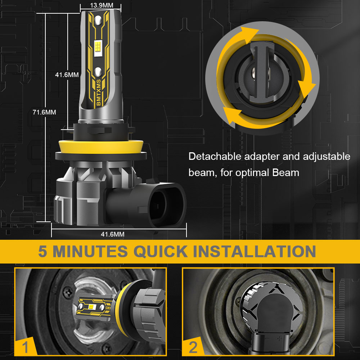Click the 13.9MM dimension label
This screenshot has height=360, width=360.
pos(102,5)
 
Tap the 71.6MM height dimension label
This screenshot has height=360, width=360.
pos(44,112)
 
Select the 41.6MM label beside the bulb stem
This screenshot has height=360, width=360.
pos(67,75)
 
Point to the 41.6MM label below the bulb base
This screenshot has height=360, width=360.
pos(112,234)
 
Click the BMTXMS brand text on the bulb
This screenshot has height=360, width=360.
pos(99,93)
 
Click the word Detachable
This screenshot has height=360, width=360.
pos(215,156)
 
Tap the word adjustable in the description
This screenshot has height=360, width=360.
pos(327,157)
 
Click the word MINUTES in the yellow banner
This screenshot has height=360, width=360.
pos(90,251)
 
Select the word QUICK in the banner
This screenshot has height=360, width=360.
pos(161,251)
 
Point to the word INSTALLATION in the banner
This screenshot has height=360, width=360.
pos(255,251)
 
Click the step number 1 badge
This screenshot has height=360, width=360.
pos(25,347)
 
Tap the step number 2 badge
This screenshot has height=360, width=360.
pos(193,347)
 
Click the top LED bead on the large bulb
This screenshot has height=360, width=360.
pos(98,21)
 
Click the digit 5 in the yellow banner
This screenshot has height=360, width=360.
pos(43,251)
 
